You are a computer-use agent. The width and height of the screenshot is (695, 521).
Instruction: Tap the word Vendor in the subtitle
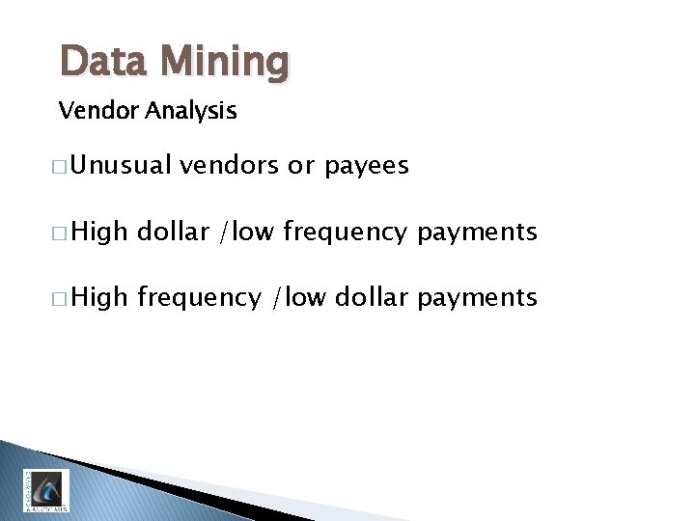(99, 111)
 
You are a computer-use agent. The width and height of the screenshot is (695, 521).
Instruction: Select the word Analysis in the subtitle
(192, 112)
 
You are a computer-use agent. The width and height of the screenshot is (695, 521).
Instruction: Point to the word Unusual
(121, 166)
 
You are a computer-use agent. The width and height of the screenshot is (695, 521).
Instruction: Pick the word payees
(367, 167)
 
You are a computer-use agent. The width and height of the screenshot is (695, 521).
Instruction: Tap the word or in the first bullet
(301, 166)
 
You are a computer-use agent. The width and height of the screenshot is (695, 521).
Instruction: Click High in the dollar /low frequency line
(99, 232)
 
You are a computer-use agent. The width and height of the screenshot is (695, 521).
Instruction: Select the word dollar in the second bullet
(173, 232)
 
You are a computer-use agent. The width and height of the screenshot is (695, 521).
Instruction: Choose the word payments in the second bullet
(477, 232)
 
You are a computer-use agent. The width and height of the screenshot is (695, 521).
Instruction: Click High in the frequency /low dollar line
(99, 297)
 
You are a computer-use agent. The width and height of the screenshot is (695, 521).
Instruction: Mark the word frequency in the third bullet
(199, 298)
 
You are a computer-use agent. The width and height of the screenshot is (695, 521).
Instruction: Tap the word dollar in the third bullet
(373, 297)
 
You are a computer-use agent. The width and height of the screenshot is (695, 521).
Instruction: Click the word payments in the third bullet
(477, 297)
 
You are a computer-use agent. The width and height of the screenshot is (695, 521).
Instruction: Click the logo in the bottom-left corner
(46, 490)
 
